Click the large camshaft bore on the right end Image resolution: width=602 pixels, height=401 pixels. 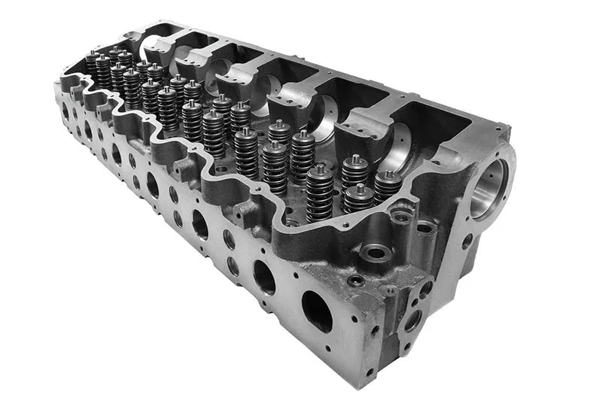(x=490, y=187)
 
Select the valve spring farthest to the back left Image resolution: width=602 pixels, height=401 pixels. (x=92, y=63)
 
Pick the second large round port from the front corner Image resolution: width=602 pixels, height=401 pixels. (x=264, y=276)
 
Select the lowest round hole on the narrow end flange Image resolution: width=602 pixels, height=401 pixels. (x=412, y=320)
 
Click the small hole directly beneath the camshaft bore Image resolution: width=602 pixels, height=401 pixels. (x=467, y=242)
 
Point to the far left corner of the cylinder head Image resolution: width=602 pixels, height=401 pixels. (x=56, y=84)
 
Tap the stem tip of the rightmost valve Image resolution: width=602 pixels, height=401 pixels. (x=388, y=174)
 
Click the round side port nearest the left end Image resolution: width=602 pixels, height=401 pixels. (x=65, y=111)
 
